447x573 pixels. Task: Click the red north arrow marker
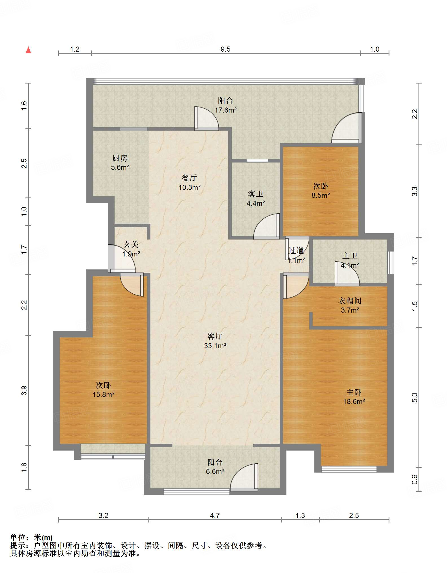28,50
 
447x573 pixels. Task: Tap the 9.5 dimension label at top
225,49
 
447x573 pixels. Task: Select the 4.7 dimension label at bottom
215,516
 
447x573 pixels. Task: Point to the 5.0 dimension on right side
414,398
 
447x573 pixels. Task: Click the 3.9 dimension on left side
24,390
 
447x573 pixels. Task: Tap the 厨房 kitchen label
120,158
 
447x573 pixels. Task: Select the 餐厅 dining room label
189,178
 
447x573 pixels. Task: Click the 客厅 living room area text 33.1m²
215,346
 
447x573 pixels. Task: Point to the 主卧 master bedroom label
354,392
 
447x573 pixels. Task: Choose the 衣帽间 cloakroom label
350,301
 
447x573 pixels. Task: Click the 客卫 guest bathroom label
256,194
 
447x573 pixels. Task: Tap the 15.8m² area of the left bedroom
104,394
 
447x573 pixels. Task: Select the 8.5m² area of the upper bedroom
321,195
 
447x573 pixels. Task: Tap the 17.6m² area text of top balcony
225,110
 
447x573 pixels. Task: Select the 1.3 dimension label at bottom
300,516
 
